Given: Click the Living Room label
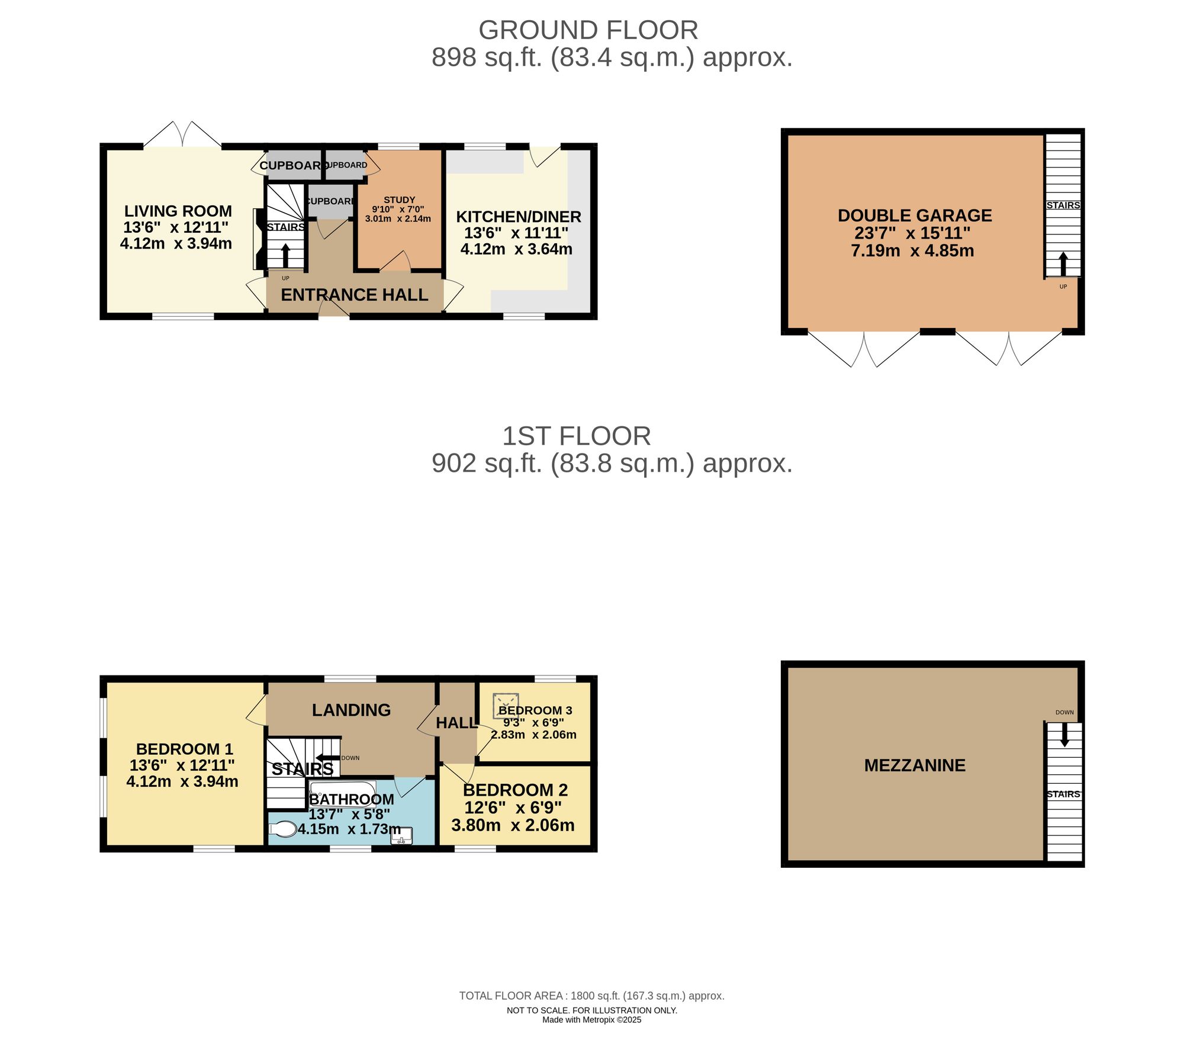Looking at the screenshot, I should tap(178, 211).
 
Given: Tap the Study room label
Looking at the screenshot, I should tap(400, 200).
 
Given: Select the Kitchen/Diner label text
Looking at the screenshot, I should tap(518, 217).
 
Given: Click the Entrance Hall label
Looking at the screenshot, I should tap(354, 295).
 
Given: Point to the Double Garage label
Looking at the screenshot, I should tap(914, 215).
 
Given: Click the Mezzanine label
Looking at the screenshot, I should tap(914, 765).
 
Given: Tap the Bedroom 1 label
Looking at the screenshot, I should tap(184, 749).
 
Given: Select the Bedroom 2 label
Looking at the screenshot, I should tap(515, 790).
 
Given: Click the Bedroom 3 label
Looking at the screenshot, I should tap(535, 710).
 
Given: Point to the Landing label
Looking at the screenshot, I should tap(351, 710).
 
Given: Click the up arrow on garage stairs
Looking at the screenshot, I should tap(1063, 263).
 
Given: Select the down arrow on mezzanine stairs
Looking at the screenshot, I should tap(1064, 736).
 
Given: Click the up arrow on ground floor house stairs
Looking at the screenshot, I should tap(285, 255).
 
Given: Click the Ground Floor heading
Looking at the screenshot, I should tap(588, 30).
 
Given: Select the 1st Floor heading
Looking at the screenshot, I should tap(576, 436).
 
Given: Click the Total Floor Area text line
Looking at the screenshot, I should tap(591, 996).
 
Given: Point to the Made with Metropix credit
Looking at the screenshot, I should tap(591, 1020).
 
